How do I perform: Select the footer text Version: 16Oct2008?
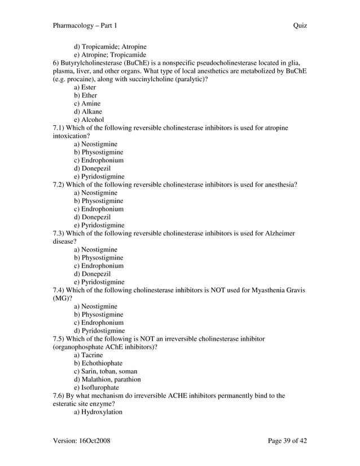(x=81, y=441)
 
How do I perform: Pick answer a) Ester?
(x=85, y=87)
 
